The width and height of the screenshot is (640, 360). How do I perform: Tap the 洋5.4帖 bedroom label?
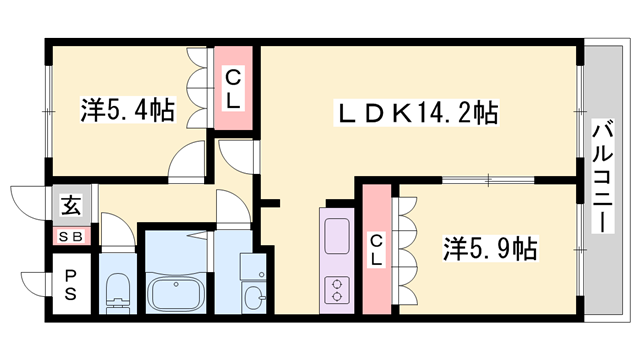[x=127, y=110]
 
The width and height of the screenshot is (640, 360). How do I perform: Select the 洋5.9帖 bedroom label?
[x=490, y=247]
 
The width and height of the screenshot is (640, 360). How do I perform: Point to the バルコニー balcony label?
[x=602, y=176]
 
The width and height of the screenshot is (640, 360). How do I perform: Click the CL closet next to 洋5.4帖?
[x=232, y=88]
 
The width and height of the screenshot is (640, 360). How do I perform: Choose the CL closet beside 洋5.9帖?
[x=376, y=248]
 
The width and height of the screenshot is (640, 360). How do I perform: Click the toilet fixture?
[x=117, y=287]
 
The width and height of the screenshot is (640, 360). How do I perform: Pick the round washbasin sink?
[x=252, y=297]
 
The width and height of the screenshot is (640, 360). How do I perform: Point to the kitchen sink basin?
[x=334, y=236]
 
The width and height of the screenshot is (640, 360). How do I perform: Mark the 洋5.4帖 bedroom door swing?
[x=189, y=161]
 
